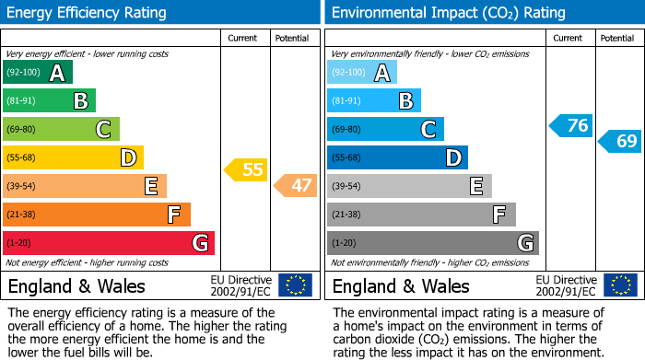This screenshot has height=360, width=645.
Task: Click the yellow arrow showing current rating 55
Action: pyautogui.click(x=246, y=169)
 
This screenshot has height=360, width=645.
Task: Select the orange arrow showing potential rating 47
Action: pyautogui.click(x=296, y=186)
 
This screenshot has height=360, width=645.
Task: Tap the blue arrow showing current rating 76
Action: pyautogui.click(x=570, y=126)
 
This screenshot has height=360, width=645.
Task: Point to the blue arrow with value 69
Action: pyautogui.click(x=620, y=141)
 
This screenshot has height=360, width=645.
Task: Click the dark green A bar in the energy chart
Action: pyautogui.click(x=38, y=73)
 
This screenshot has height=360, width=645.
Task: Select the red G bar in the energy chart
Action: pyautogui.click(x=109, y=243)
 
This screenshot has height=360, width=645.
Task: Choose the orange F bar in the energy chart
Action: pyautogui.click(x=97, y=215)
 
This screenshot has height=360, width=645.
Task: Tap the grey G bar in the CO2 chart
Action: pyautogui.click(x=432, y=243)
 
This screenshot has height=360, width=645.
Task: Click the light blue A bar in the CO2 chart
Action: pyautogui.click(x=362, y=73)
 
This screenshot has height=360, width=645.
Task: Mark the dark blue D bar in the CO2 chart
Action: pyautogui.click(x=397, y=157)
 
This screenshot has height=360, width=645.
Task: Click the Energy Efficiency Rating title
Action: pyautogui.click(x=88, y=13)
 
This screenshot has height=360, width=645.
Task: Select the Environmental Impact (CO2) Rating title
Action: pyautogui.click(x=448, y=13)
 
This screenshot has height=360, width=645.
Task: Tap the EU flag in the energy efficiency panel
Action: pyautogui.click(x=295, y=285)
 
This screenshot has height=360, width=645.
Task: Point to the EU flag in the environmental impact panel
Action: pyautogui.click(x=619, y=285)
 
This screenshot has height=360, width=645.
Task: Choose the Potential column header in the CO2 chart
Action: pyautogui.click(x=617, y=38)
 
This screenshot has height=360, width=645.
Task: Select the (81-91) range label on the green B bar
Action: pyautogui.click(x=23, y=101)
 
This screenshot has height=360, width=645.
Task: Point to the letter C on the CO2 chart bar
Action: pyautogui.click(x=428, y=130)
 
